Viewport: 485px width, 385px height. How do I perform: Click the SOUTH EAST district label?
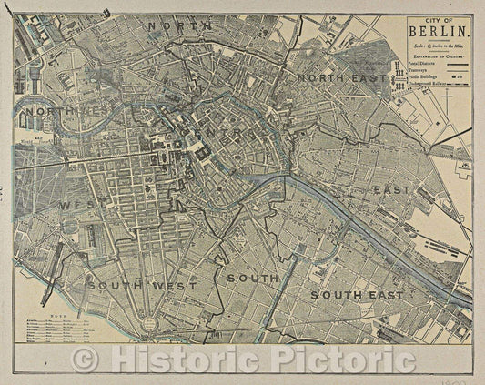[x=357, y=295]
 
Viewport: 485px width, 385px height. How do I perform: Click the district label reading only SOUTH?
[x=253, y=277]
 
